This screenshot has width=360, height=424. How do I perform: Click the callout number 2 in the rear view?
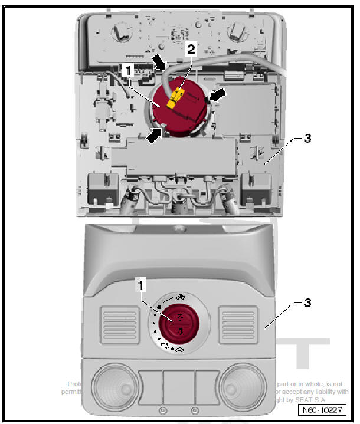coord(190,50)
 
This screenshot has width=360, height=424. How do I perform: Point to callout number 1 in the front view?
coord(140,285)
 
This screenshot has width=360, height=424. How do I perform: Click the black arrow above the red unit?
coord(158,62)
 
